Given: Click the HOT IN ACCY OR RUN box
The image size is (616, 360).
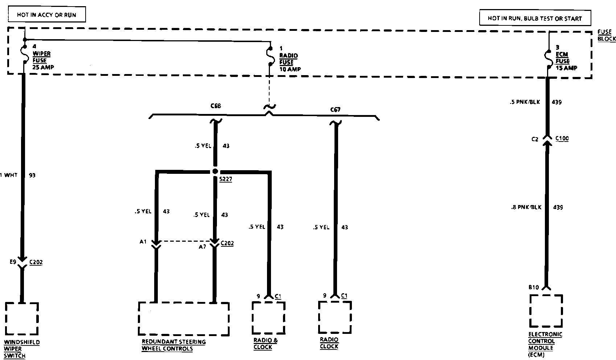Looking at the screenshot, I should tap(46, 15).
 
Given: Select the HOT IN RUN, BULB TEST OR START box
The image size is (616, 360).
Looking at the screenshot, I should tap(534, 18).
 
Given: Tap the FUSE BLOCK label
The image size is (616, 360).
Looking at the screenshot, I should tap(607, 35).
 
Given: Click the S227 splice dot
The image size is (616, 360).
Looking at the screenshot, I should tap(215, 171).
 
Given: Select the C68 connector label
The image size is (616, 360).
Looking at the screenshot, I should tap(215, 106).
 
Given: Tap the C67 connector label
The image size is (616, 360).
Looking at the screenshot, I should tap(336, 109).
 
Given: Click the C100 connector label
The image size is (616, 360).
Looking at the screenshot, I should tap(562, 138).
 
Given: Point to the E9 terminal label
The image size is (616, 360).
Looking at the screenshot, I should tap(13, 262).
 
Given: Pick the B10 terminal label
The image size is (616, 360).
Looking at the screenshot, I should tap(533, 287).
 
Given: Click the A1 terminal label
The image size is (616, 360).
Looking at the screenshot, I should tap(143, 241).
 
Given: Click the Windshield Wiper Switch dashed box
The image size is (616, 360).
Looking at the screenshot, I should tap(22, 318).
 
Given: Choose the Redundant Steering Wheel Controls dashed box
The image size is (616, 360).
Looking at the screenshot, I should tap(184, 318).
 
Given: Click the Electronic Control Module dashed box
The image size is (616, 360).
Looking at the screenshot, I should tap(546, 311).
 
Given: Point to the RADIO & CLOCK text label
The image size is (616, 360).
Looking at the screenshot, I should tap(265, 343).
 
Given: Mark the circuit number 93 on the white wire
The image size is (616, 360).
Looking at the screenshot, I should tap(32, 175).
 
